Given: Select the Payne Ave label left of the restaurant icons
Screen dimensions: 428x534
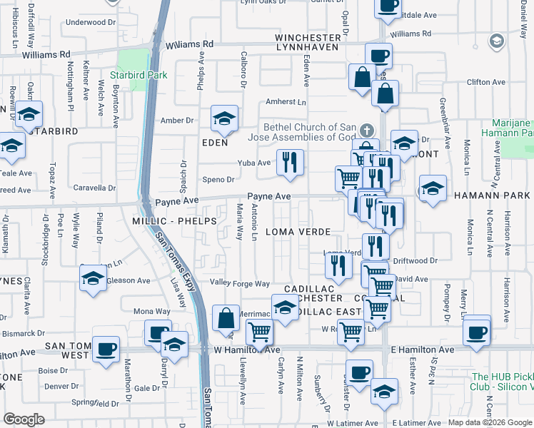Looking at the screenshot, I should [x=269, y=196].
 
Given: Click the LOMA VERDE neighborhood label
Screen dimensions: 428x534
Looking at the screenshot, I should [x=298, y=232].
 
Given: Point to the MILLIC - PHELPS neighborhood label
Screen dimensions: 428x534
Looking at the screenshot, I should [x=173, y=221].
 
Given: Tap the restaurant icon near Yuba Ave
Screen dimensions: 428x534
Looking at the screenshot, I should [x=289, y=163].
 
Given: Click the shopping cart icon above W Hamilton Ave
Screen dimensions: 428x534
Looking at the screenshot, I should [x=259, y=331].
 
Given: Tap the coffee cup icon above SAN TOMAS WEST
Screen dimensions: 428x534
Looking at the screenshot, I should [x=106, y=349].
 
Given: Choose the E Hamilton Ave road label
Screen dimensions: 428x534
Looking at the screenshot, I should [x=423, y=350].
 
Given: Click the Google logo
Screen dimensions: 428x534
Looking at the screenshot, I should [x=24, y=419].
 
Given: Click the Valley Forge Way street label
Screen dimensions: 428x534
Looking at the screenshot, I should [x=239, y=283].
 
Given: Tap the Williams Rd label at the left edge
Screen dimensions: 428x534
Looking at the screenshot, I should [x=46, y=53].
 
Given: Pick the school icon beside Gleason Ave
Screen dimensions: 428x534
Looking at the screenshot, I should [x=93, y=280].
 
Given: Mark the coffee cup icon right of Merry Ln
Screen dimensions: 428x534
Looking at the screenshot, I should [x=475, y=330].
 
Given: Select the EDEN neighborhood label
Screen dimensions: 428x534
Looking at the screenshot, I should [x=214, y=143].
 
